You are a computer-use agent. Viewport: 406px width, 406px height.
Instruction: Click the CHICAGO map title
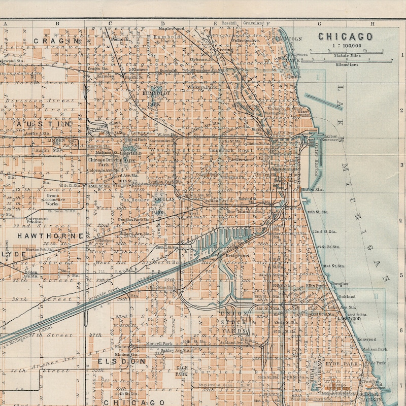click(x=345, y=37)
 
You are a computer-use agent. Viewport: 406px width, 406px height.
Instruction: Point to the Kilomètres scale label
click(x=345, y=64)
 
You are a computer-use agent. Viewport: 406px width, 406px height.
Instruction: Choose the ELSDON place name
click(x=121, y=361)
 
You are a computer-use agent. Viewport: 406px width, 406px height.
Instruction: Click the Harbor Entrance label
click(x=330, y=138)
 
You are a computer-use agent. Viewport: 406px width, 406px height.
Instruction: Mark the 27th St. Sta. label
click(x=328, y=247)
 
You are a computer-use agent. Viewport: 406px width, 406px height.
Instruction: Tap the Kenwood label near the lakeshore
click(x=367, y=339)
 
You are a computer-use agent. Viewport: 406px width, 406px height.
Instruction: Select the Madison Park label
click(x=375, y=349)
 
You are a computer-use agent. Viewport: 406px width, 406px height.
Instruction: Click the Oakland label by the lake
click(x=347, y=296)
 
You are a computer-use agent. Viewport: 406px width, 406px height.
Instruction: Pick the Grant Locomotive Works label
click(x=53, y=199)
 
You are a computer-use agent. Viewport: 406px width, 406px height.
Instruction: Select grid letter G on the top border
click(x=319, y=23)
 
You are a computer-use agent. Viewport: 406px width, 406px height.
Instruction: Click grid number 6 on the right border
click(x=401, y=329)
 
